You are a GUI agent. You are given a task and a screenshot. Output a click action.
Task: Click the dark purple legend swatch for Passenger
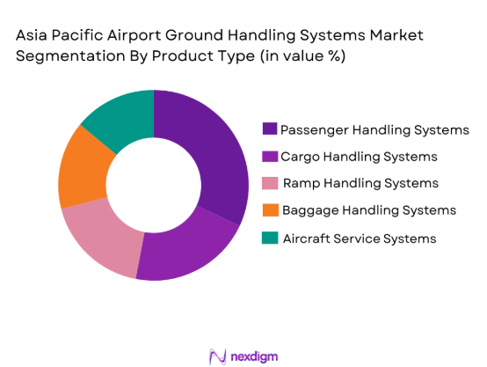tap(269, 129)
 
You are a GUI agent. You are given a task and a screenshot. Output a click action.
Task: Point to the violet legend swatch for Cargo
tap(269, 157)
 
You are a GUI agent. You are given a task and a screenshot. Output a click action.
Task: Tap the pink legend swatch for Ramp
tap(269, 183)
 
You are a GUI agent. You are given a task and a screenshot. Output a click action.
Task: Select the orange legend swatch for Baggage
tap(269, 210)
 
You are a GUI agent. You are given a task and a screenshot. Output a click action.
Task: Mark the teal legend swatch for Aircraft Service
tap(269, 238)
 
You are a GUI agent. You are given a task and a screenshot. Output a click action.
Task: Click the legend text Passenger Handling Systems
tap(374, 129)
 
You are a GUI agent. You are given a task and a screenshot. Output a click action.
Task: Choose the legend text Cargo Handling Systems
tap(359, 157)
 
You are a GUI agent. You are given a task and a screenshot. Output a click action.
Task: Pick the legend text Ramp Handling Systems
tap(360, 183)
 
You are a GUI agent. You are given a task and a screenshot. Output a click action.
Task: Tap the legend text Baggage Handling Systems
tap(368, 210)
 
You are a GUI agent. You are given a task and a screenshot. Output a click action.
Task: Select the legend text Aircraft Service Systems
tap(358, 238)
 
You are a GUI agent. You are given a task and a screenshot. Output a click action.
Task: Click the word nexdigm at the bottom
tap(255, 355)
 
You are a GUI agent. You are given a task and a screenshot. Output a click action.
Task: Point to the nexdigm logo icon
tap(216, 355)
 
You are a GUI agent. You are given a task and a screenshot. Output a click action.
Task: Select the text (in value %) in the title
tap(298, 55)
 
